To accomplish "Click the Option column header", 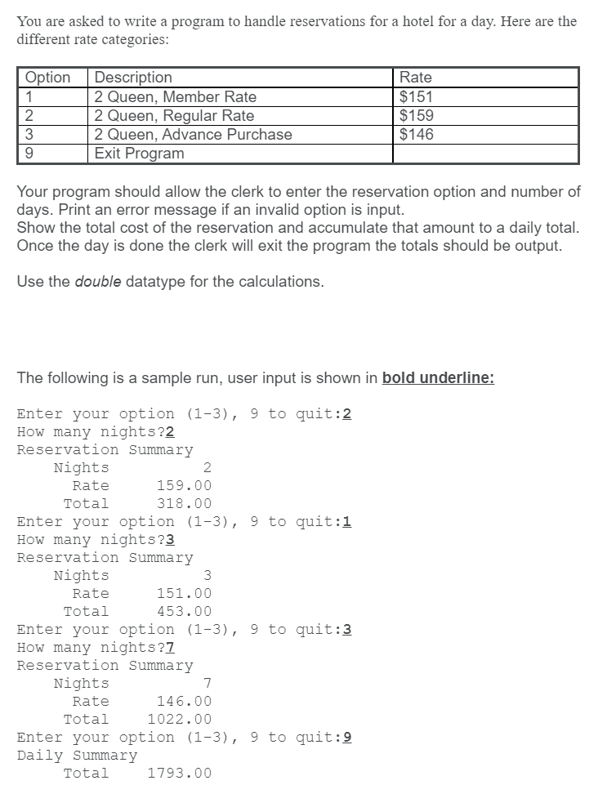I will [48, 78].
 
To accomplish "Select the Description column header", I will [133, 78].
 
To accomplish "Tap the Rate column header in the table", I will [416, 78].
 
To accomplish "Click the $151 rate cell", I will [416, 96].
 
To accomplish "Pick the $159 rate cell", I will [416, 115].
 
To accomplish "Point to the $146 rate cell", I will [416, 134].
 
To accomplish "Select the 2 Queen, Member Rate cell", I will [175, 96].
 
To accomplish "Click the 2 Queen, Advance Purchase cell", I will [193, 134].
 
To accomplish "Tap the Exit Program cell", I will [139, 153].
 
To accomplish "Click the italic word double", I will [98, 282].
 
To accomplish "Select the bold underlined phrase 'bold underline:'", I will [438, 378].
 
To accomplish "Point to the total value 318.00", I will [184, 503].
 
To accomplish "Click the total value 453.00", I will [184, 611].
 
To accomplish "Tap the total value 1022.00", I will [179, 719].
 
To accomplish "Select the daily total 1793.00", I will [179, 773].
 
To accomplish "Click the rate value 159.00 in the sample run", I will [184, 485].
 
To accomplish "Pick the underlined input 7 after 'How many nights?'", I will [170, 648].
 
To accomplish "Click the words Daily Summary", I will [77, 755].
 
